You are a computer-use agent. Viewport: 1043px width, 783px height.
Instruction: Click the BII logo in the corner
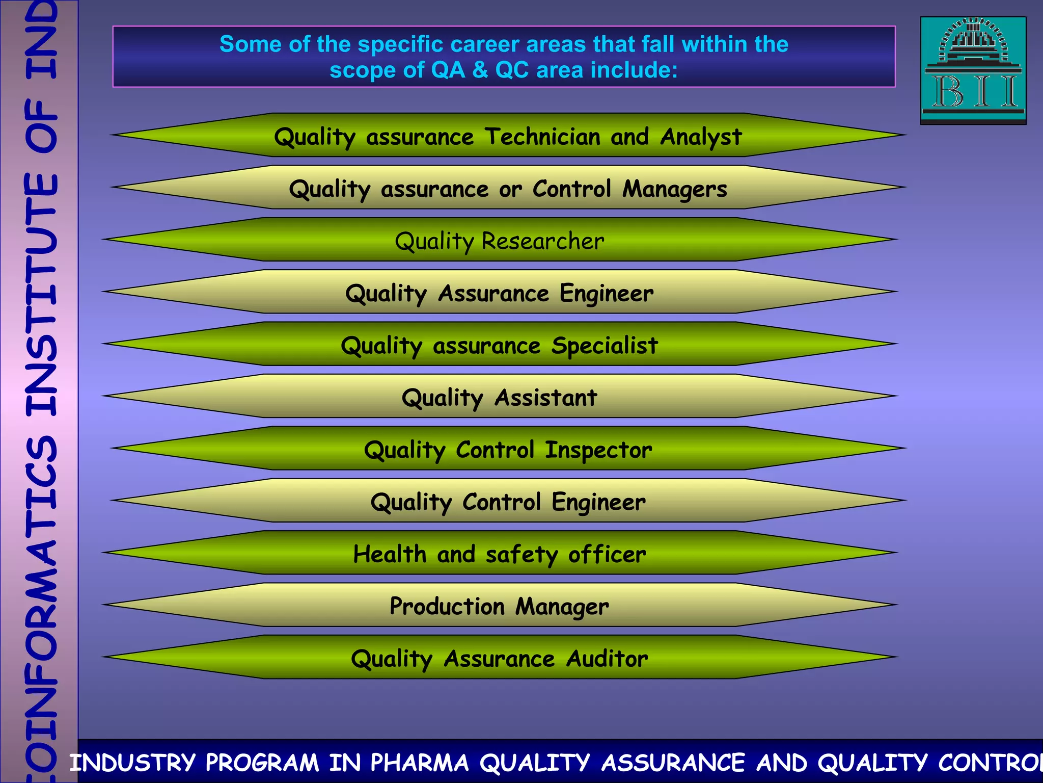973,71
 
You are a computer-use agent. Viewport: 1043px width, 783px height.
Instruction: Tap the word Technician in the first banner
542,137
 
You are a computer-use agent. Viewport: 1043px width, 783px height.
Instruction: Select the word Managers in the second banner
674,189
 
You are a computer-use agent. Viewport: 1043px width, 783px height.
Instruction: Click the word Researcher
543,241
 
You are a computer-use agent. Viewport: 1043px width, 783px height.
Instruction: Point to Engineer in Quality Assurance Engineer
606,294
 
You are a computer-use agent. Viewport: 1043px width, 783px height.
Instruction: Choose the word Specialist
605,346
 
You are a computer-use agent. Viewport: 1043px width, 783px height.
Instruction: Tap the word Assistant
545,398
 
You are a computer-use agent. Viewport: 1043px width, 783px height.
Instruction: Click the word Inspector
598,450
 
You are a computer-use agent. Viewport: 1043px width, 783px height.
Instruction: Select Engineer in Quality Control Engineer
598,502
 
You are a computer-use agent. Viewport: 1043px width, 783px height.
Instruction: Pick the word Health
390,554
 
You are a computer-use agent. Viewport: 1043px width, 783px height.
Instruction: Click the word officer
607,554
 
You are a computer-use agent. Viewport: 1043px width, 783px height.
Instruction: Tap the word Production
447,607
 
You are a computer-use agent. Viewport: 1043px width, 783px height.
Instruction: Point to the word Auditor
607,659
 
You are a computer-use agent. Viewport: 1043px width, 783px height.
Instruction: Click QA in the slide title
448,70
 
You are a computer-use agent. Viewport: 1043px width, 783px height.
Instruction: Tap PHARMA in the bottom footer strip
419,763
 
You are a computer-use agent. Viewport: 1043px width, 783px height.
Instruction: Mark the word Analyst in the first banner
701,137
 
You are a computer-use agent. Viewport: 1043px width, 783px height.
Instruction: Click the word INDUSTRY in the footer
132,763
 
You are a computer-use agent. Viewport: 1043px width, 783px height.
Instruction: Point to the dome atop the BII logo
973,38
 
